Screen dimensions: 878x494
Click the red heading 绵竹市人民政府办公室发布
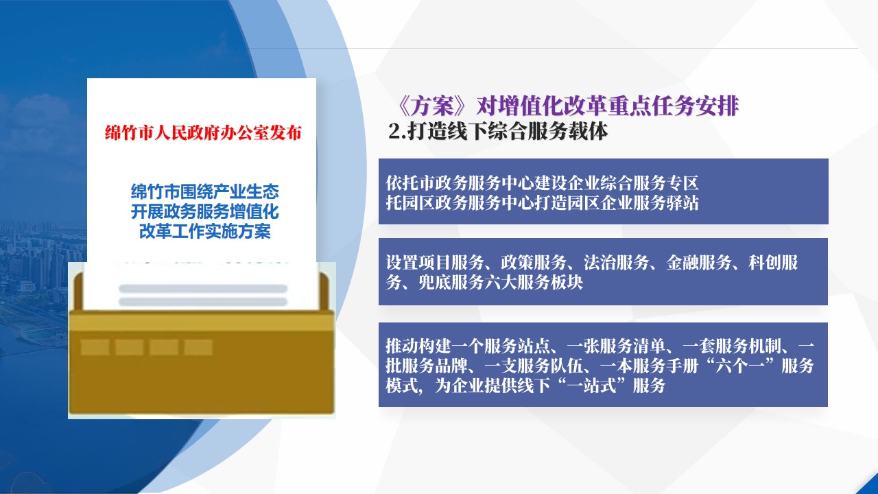point(204,133)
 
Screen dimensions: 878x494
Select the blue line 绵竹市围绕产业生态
point(204,191)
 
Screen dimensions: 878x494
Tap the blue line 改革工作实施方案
point(204,231)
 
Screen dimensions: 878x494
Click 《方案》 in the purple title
point(433,106)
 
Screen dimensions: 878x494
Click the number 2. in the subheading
point(397,131)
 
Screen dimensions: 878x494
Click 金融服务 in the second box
point(699,263)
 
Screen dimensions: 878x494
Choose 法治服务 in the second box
point(616,263)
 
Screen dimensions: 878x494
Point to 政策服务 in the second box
point(534,263)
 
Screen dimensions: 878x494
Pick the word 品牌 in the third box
point(451,366)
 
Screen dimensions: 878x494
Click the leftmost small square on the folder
point(95,347)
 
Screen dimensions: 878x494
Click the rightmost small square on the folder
point(198,347)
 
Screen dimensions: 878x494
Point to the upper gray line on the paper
point(203,289)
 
